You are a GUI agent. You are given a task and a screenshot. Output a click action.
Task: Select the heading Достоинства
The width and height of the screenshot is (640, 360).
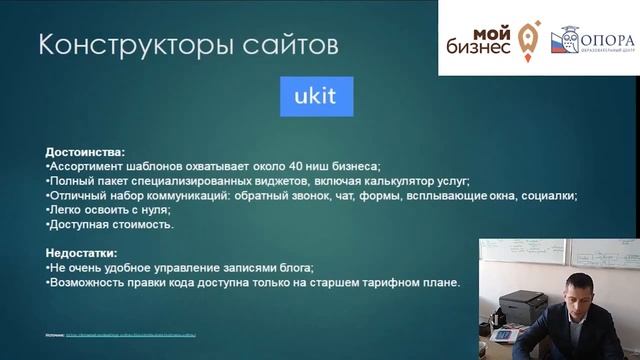[85, 152]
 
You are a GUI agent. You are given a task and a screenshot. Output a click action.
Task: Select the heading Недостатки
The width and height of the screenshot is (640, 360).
[82, 254]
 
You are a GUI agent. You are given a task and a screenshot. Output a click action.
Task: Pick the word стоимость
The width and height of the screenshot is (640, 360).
[140, 225]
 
